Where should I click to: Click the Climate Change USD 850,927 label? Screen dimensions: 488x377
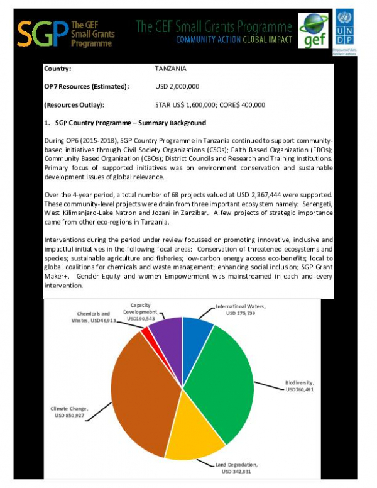(x=67, y=412)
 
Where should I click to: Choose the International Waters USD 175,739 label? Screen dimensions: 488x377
(x=241, y=309)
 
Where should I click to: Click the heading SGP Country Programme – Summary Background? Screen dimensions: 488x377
(x=126, y=122)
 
